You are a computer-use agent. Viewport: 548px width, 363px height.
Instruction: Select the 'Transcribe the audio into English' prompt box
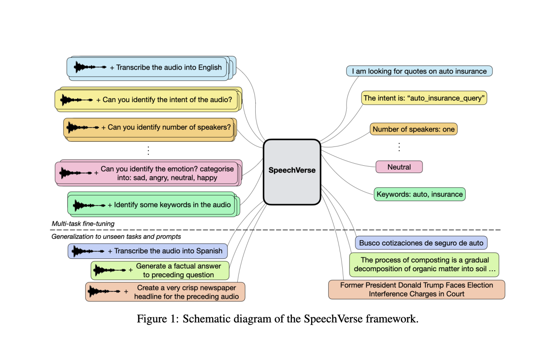(x=147, y=67)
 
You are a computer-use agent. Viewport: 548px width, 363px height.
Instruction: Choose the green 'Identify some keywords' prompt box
(x=152, y=205)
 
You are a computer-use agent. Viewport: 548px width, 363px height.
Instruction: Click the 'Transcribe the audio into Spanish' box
(x=148, y=251)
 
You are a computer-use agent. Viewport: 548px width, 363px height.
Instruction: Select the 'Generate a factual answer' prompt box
(x=160, y=270)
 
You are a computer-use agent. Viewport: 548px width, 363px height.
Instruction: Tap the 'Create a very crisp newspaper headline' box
(x=166, y=292)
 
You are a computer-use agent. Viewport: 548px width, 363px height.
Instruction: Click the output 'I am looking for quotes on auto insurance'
(x=419, y=71)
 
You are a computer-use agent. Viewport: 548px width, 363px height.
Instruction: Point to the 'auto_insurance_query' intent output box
(x=424, y=98)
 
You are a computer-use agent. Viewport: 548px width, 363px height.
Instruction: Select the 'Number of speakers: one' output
(x=414, y=129)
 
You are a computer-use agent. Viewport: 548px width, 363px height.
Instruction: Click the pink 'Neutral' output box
(x=399, y=167)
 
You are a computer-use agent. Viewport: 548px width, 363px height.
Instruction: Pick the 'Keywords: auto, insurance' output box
(x=420, y=194)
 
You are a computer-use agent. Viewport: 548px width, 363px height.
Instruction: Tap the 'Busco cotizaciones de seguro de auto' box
(x=421, y=243)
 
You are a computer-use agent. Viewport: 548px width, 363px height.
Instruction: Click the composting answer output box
(x=425, y=264)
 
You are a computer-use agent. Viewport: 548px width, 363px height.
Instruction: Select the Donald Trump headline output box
(x=417, y=290)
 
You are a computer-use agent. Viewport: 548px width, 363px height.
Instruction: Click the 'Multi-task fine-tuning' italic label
(x=83, y=223)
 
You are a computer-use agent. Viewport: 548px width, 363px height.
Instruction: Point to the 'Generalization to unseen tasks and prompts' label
(x=116, y=236)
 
